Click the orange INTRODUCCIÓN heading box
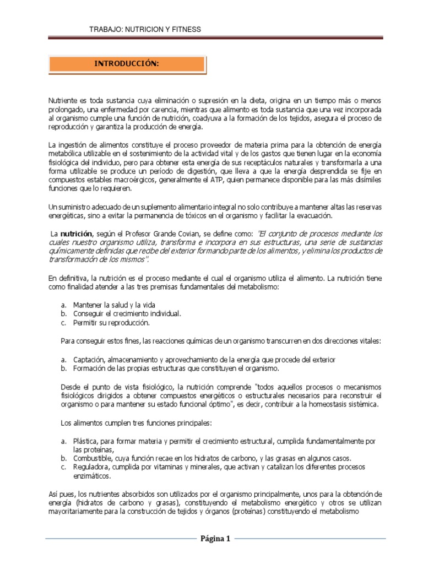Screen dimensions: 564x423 coord(127,64)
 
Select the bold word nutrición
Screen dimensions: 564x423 coord(73,234)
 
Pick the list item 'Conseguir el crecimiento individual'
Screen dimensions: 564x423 coord(127,313)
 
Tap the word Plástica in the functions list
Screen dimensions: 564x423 coord(85,442)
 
